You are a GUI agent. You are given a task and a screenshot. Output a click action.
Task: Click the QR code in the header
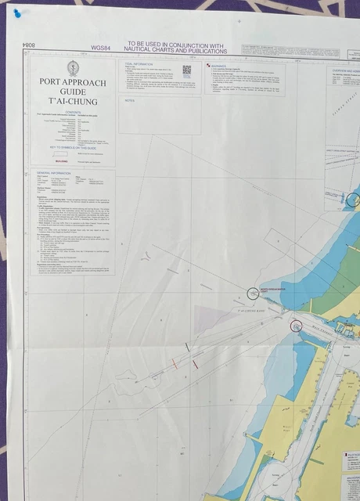point(186,70)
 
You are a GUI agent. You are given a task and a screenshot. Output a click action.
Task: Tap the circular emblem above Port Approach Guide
point(72,67)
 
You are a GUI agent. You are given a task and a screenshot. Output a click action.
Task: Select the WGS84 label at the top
point(101,48)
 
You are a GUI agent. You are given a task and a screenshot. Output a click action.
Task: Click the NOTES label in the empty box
point(131,101)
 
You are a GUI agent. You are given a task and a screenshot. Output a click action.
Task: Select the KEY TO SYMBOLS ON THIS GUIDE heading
point(72,147)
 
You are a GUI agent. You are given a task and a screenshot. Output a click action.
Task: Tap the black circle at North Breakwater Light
point(252,294)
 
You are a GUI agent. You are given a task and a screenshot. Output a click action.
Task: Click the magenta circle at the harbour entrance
point(296,325)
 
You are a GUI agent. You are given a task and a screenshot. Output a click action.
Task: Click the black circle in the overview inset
point(352,200)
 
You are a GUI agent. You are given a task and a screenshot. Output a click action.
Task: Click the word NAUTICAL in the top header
point(146,52)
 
